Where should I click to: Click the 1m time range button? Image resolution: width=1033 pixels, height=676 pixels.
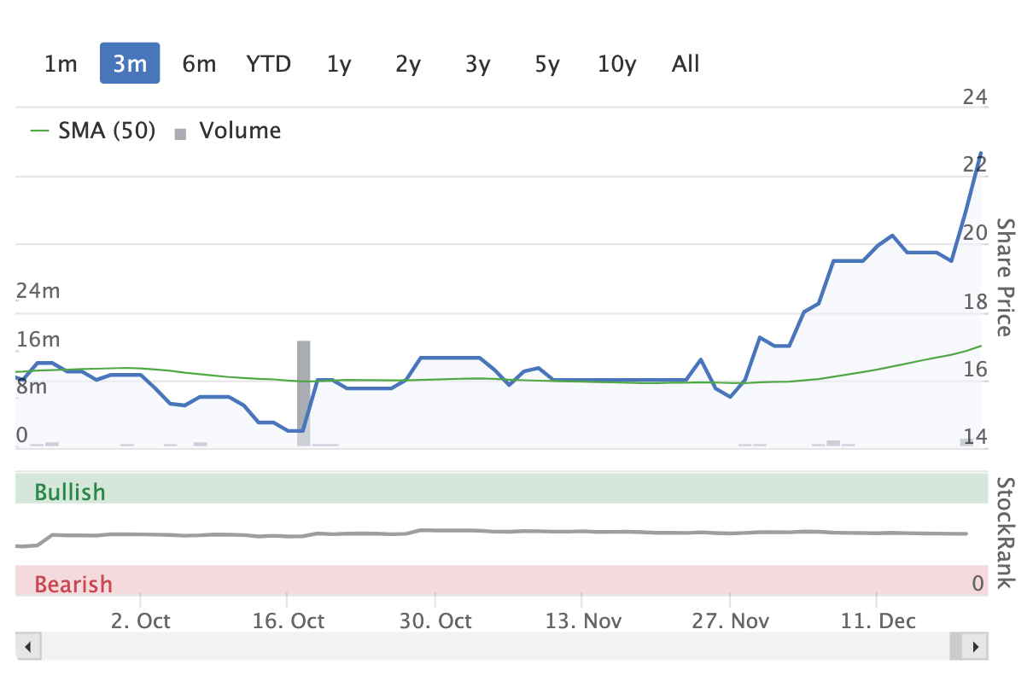[x=61, y=64]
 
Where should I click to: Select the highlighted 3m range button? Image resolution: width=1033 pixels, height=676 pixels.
[x=130, y=63]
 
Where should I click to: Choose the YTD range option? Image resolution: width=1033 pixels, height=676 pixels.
[x=268, y=64]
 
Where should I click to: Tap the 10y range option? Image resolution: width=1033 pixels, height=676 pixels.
[x=616, y=64]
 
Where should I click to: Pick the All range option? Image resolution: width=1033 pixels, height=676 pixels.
[x=686, y=64]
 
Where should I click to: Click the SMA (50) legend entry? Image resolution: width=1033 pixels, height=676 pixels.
[x=93, y=131]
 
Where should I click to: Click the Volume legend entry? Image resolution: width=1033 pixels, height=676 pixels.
[x=228, y=131]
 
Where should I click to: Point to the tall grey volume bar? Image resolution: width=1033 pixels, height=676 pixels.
[x=303, y=393]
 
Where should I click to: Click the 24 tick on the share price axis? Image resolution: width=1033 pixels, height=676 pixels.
[x=975, y=96]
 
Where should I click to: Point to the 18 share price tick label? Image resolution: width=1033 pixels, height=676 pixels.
[x=975, y=302]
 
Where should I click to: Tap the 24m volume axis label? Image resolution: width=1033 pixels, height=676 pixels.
[x=38, y=291]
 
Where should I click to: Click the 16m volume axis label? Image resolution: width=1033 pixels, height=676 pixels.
[x=38, y=340]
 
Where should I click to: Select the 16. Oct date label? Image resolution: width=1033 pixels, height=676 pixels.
[x=289, y=621]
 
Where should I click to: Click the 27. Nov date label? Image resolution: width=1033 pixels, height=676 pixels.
[x=731, y=621]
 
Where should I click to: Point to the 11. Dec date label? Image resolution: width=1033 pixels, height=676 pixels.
[x=878, y=621]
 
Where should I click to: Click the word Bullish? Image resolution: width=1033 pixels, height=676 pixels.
[x=70, y=492]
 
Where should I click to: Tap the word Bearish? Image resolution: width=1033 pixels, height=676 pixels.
[x=73, y=584]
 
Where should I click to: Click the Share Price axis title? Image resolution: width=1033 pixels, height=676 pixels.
[x=1007, y=277]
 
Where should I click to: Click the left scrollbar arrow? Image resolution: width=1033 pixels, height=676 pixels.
[x=28, y=646]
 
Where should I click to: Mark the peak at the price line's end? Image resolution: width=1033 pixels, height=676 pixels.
[x=981, y=153]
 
